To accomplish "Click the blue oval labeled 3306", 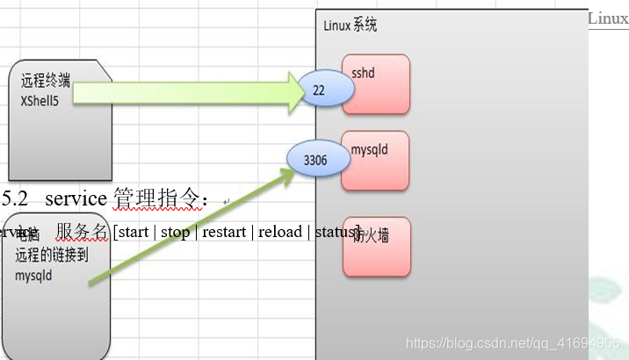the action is [314, 160].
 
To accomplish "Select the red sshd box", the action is [376, 84].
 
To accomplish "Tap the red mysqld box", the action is [376, 161].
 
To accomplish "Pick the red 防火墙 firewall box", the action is [377, 247].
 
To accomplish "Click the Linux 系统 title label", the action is [351, 25].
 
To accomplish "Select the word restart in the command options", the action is [225, 233].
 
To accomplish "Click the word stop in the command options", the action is [175, 233].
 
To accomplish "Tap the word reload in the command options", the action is [279, 233].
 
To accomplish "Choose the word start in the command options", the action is [133, 233].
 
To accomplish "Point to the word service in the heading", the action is [76, 199].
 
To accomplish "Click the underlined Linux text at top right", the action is [608, 18].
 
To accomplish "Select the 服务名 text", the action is [82, 232].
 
